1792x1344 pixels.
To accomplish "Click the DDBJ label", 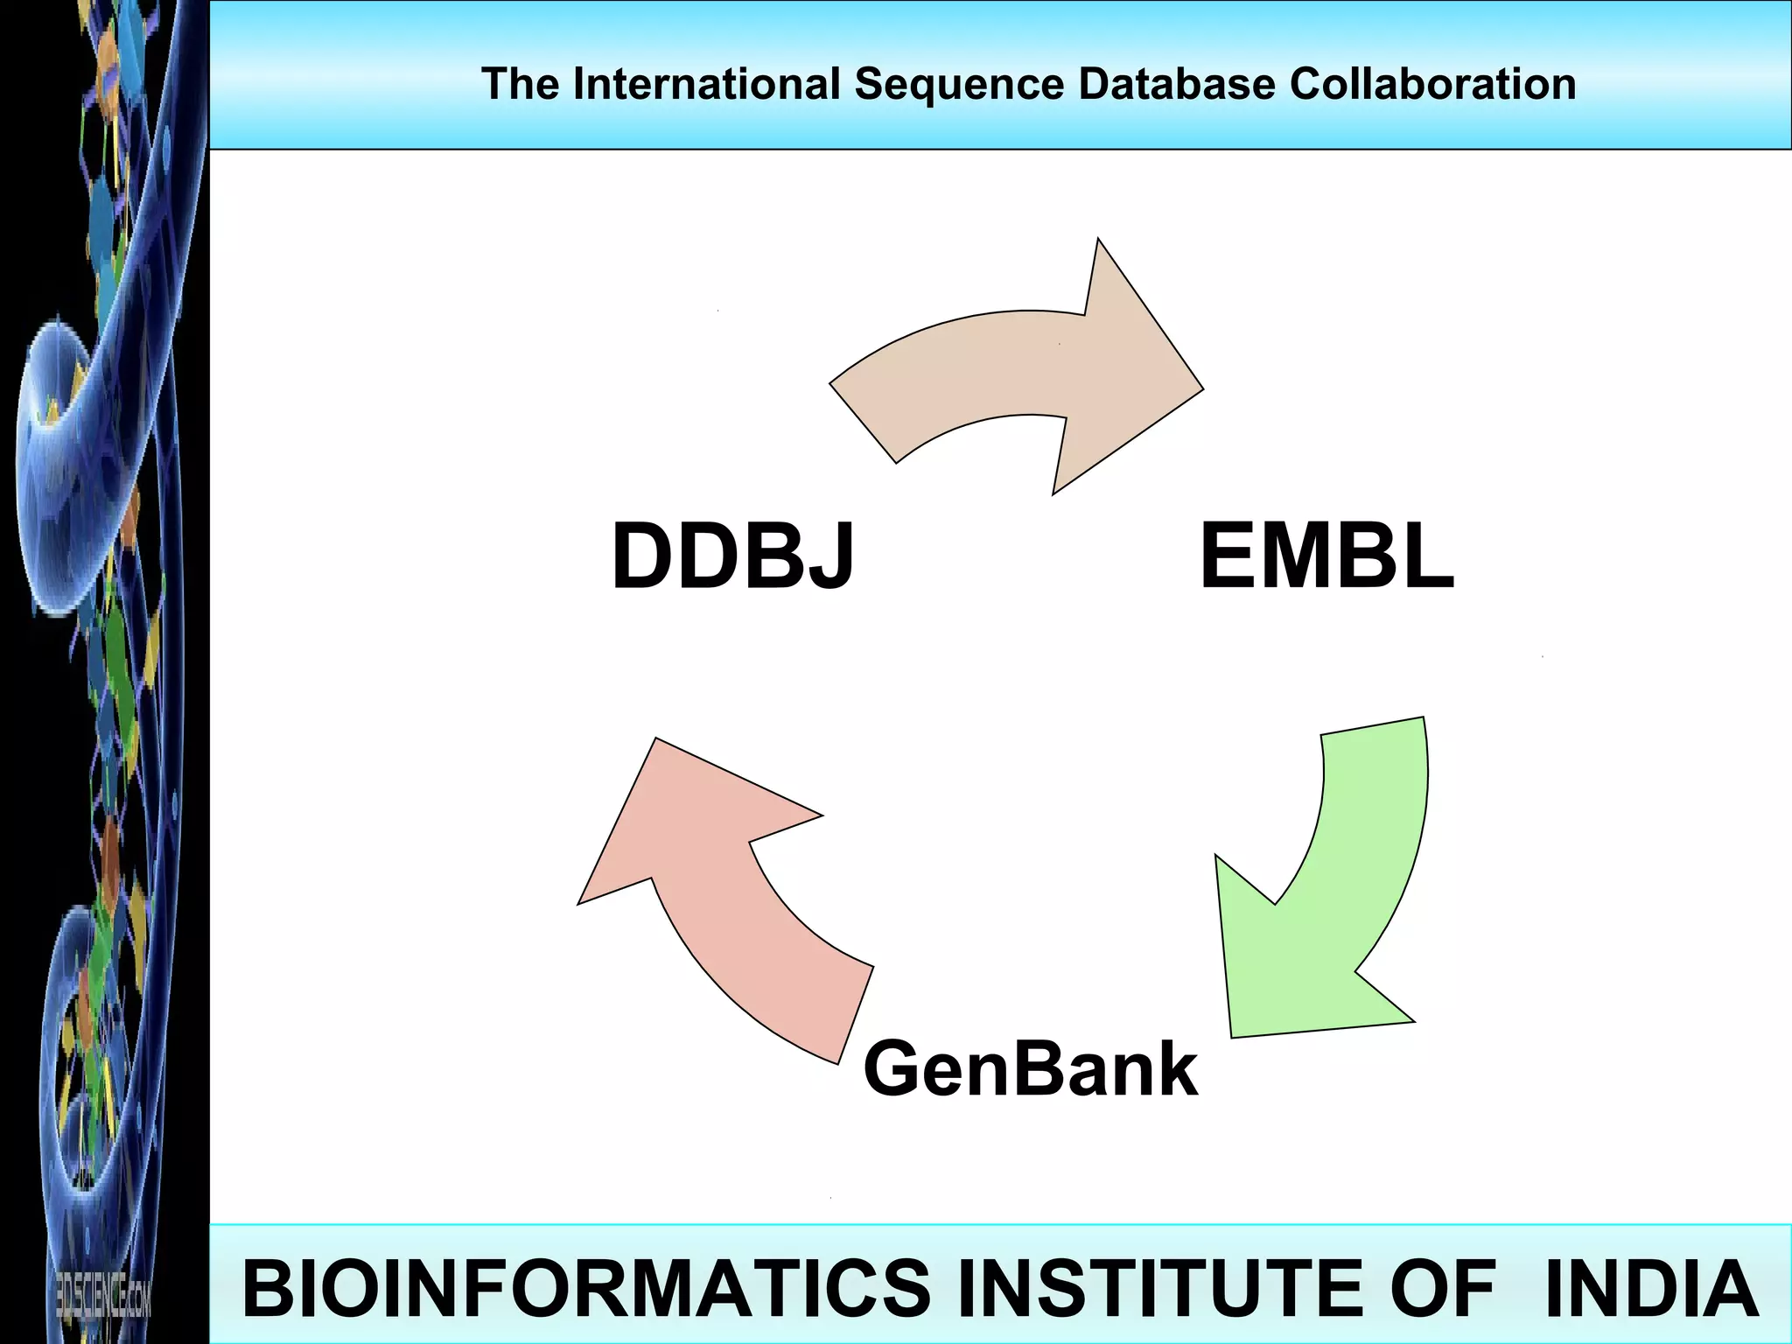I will pyautogui.click(x=732, y=556).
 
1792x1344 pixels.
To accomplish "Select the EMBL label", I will pyautogui.click(x=1326, y=556).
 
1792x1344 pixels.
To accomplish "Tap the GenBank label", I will pyautogui.click(x=1030, y=1068).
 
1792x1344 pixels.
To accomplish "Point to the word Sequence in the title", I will pyautogui.click(x=959, y=84).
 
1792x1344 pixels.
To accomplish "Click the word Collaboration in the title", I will pyautogui.click(x=1432, y=84).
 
